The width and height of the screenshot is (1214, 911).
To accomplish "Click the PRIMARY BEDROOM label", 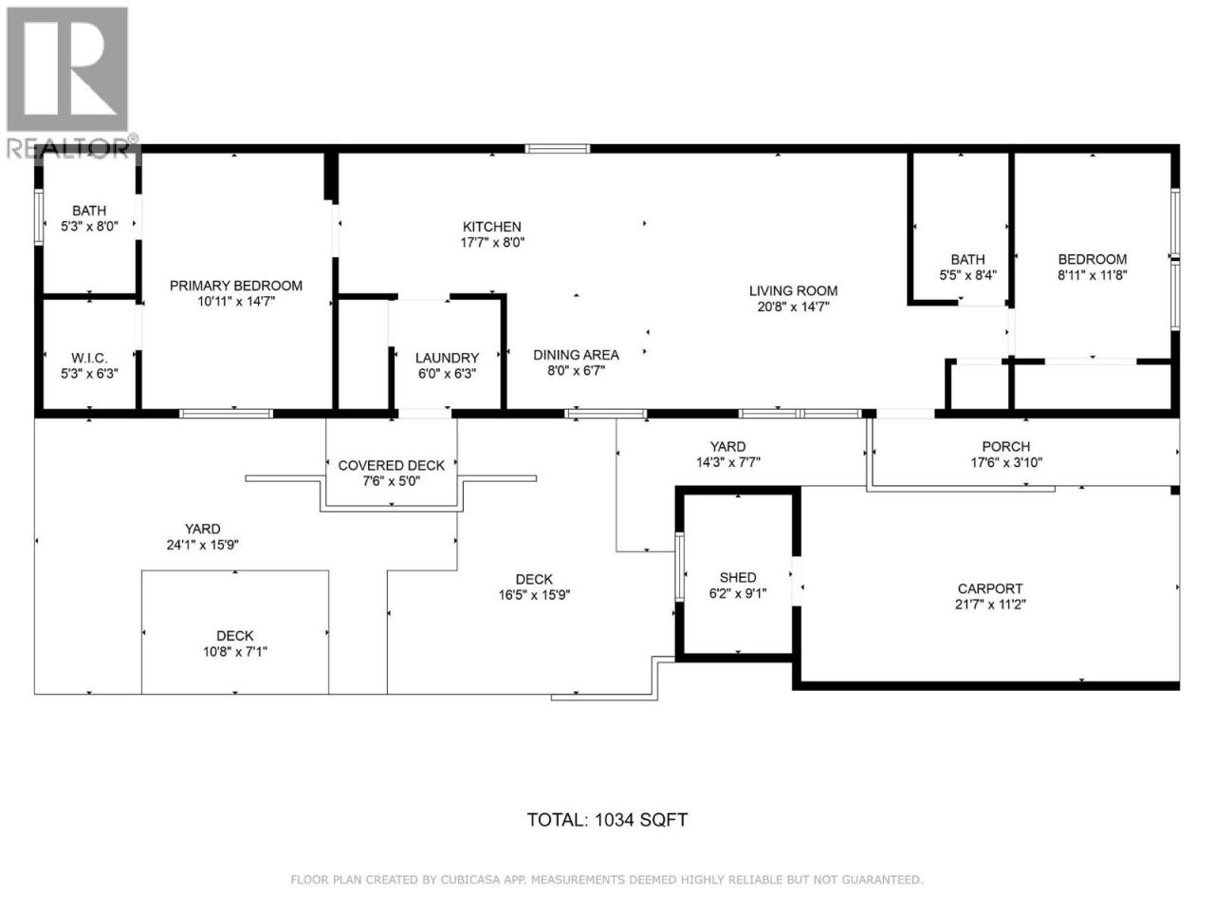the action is click(235, 286).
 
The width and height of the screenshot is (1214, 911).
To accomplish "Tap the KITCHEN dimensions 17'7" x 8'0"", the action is click(491, 242).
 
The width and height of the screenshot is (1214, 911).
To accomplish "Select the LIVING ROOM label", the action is click(793, 291).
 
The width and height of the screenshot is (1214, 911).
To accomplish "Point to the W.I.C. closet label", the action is click(89, 358).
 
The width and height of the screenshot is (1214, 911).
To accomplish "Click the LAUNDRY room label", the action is click(447, 358).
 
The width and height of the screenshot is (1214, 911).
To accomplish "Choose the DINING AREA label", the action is click(576, 355).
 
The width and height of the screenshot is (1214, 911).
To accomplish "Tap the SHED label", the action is click(737, 578).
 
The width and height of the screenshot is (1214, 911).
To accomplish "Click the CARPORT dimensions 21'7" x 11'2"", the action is click(990, 604).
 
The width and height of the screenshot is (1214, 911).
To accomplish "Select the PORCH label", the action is click(1005, 446).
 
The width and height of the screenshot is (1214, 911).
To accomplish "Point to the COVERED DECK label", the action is click(391, 466).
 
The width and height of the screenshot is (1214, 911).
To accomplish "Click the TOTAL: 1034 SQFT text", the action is click(607, 820).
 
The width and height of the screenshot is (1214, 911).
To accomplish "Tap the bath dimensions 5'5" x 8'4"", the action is click(967, 275).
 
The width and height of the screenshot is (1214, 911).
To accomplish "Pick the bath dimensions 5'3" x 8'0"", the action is click(89, 226).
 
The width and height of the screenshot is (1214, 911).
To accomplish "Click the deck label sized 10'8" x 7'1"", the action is click(234, 636).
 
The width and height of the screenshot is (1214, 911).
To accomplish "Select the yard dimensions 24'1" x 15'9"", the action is click(202, 545).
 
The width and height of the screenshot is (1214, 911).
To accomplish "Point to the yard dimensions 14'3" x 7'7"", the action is click(727, 462).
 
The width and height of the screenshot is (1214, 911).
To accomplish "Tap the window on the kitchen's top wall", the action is click(557, 148).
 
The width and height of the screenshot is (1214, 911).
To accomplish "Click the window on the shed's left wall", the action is click(679, 567).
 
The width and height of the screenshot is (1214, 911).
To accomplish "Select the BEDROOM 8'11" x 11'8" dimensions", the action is click(1092, 275).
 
